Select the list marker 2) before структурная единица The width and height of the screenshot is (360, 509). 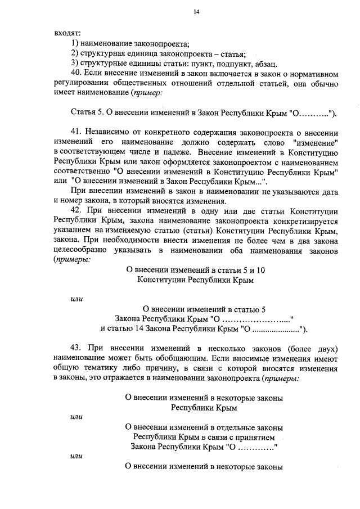[x=74, y=53]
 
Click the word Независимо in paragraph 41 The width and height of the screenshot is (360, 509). [x=111, y=133]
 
